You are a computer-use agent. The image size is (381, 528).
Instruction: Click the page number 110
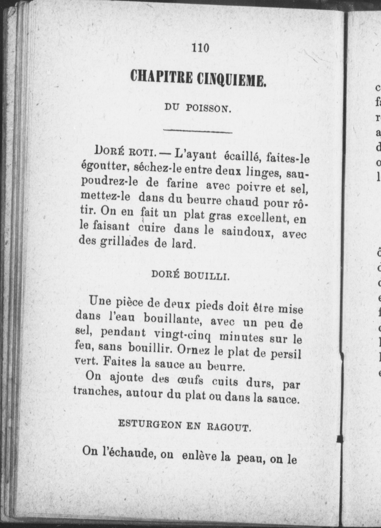click(201, 48)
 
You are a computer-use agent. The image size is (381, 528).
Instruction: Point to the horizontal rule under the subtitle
click(198, 132)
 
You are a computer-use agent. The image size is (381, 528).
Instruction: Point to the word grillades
click(124, 242)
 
